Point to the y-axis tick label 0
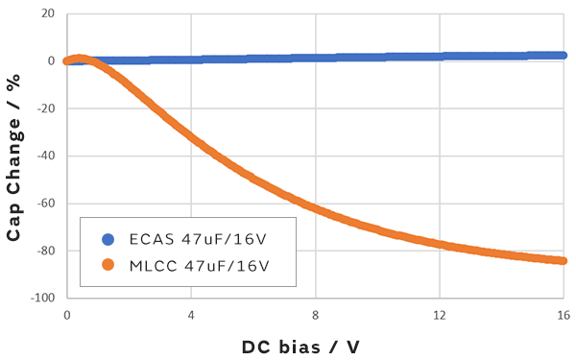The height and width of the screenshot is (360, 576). click(51, 60)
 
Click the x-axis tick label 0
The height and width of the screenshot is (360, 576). click(66, 315)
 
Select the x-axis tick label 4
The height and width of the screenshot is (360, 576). click(190, 315)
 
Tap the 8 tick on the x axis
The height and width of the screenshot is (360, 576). click(315, 315)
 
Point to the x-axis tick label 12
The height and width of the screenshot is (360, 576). click(439, 315)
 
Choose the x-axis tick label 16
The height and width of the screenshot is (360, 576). click(563, 315)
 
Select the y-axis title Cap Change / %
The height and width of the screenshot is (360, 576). click(14, 156)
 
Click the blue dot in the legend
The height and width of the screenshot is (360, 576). click(108, 240)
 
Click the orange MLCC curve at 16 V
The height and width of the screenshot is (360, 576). click(562, 260)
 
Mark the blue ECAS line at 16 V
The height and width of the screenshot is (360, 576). click(562, 56)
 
